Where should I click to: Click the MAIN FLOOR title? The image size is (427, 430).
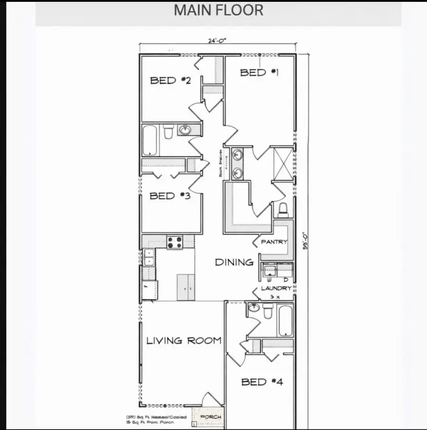[x=218, y=10]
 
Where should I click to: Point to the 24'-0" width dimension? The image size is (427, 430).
[x=217, y=41]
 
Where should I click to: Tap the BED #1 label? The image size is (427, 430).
[x=260, y=72]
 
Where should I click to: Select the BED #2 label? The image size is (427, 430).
[x=170, y=80]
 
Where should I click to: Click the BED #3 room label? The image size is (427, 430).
[x=170, y=195]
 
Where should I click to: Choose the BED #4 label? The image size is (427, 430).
[x=262, y=382]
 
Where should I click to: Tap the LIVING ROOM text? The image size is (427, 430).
[x=184, y=340]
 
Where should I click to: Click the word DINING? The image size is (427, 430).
[x=234, y=262]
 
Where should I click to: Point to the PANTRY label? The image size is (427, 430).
[x=274, y=242]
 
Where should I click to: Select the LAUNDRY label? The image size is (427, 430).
[x=276, y=288]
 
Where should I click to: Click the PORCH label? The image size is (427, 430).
[x=211, y=417]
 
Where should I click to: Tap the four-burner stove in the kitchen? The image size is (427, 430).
[x=175, y=242]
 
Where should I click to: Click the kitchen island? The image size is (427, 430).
[x=186, y=287]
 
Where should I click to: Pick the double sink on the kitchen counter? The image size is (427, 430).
[x=149, y=257]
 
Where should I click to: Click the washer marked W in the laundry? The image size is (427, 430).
[x=269, y=272]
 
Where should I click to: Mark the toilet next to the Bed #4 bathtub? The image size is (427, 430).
[x=268, y=312]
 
